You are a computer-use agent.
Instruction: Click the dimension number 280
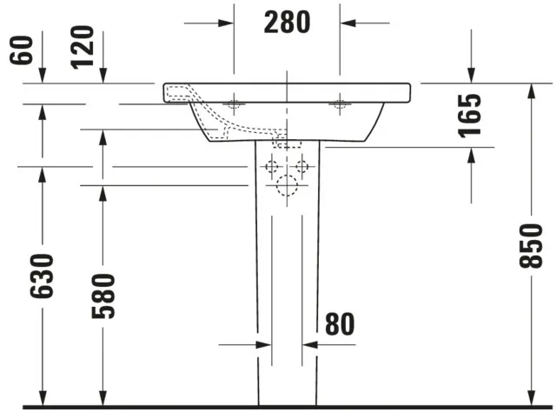click(x=287, y=22)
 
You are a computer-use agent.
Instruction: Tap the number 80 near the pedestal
click(x=341, y=323)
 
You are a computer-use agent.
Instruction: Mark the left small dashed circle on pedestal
click(x=271, y=166)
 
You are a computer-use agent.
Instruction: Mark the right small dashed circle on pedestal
click(x=302, y=166)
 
